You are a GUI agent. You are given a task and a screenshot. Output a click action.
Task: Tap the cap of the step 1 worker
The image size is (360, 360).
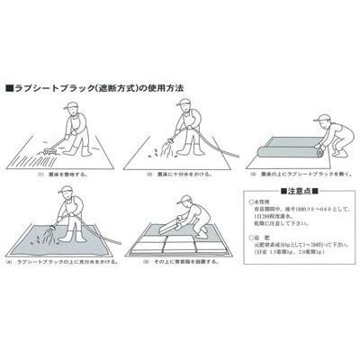click(75, 105)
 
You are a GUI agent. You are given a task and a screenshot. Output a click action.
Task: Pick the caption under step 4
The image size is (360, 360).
click(63, 269)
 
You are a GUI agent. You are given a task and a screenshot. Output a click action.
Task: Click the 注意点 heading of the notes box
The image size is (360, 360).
click(297, 192)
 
